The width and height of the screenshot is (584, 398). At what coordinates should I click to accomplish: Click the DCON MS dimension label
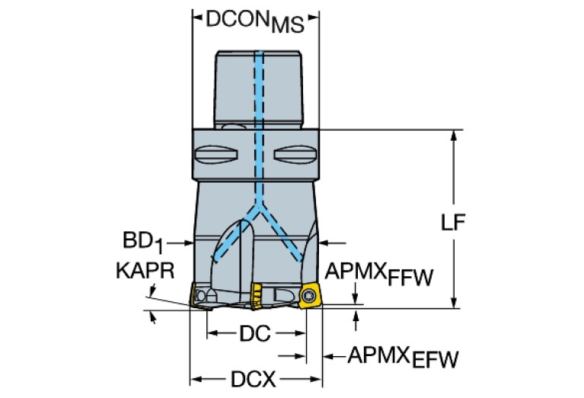click(x=254, y=21)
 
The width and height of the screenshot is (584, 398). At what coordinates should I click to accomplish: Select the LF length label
click(x=454, y=222)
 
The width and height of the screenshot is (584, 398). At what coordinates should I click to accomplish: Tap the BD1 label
click(x=143, y=243)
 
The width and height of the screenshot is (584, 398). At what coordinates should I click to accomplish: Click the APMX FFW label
click(x=378, y=275)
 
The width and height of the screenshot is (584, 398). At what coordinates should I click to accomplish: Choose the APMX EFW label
click(x=403, y=356)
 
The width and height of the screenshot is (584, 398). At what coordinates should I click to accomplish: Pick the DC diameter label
click(x=255, y=333)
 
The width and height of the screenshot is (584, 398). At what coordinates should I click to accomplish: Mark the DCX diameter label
click(x=254, y=378)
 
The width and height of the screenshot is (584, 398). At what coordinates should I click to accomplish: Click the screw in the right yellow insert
click(x=309, y=295)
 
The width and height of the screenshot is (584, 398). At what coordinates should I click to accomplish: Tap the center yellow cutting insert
click(x=258, y=295)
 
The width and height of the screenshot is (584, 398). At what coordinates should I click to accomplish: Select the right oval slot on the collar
click(x=293, y=156)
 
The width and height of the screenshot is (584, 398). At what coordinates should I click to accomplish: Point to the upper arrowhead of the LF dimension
click(x=454, y=135)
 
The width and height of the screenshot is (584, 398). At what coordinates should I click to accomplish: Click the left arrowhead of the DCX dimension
click(x=195, y=378)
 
